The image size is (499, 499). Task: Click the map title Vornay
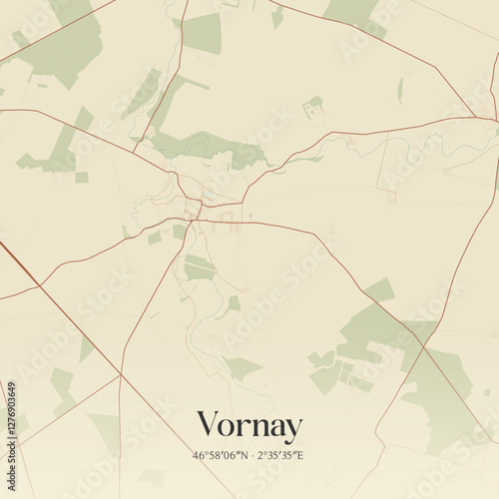[x=249, y=426]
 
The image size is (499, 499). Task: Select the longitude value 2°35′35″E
[x=280, y=456]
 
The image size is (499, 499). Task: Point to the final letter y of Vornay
[x=291, y=429]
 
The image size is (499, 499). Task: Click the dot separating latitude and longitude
[x=252, y=456]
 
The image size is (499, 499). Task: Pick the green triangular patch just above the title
[x=240, y=368]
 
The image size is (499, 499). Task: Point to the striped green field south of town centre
[x=199, y=267]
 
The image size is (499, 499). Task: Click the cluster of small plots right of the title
[x=334, y=369]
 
